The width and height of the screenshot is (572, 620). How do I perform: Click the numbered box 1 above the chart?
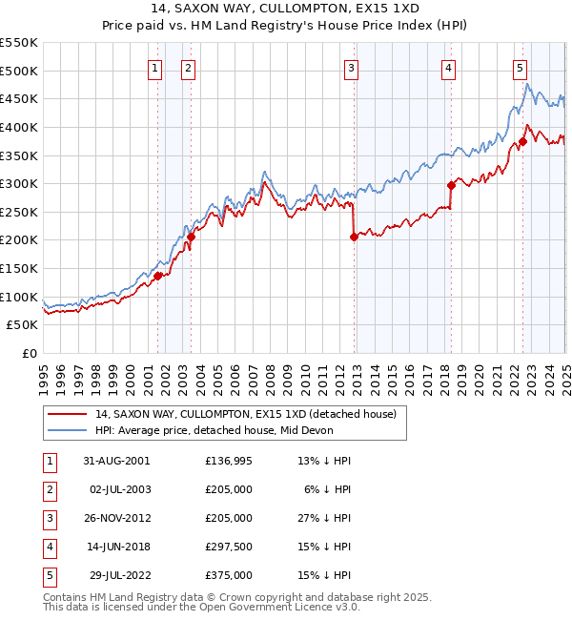(x=154, y=68)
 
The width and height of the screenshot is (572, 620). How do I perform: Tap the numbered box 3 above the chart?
(x=352, y=68)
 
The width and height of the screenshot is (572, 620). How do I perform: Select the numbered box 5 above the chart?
(x=520, y=68)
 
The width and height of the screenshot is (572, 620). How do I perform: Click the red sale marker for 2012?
(x=354, y=238)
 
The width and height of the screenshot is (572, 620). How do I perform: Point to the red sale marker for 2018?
(x=451, y=185)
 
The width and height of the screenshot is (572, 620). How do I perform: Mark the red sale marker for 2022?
(x=522, y=142)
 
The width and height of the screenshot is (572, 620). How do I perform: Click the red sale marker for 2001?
(x=158, y=277)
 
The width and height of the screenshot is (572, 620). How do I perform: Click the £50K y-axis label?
(x=23, y=325)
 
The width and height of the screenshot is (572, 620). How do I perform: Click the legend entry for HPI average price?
(x=211, y=430)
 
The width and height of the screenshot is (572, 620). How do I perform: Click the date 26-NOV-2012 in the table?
(x=116, y=518)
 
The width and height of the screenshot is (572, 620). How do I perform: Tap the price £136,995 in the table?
(x=228, y=461)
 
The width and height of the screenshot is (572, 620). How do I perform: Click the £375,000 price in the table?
(x=228, y=575)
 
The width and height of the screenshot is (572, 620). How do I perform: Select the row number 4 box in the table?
(x=48, y=547)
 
